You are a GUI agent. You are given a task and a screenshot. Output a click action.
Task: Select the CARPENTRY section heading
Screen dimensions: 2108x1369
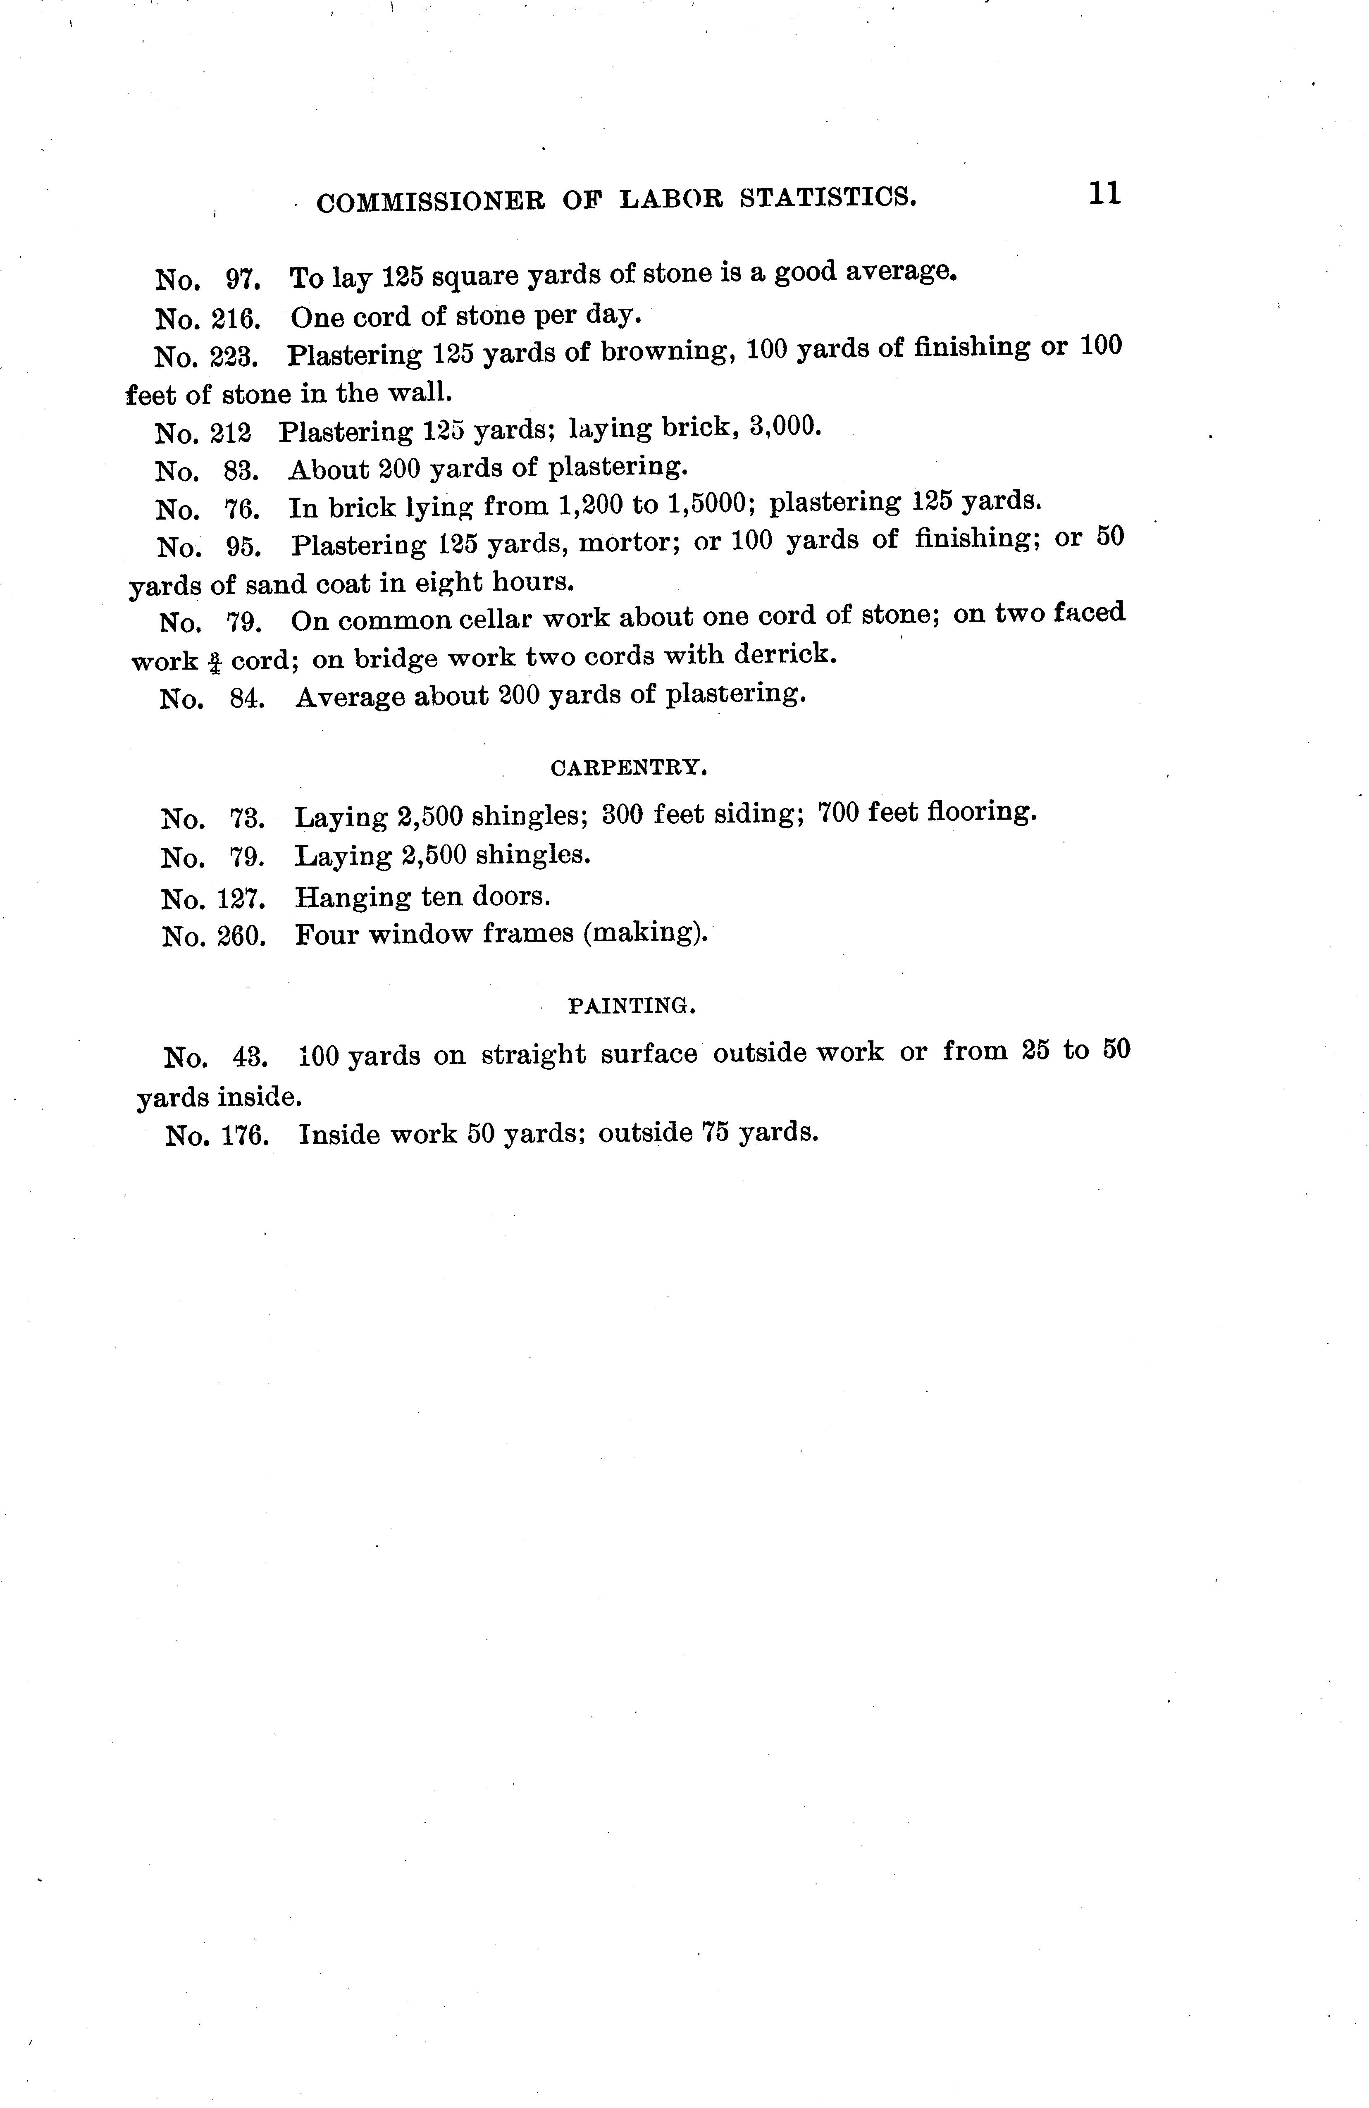(x=628, y=769)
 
